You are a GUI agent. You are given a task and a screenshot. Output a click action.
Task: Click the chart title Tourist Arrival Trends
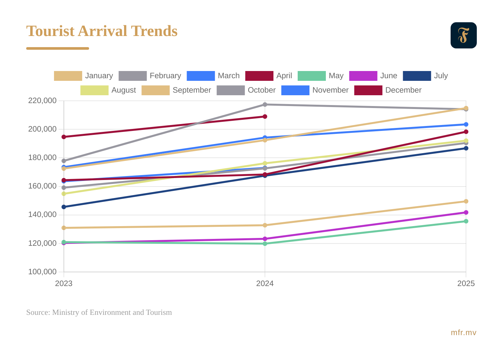click(x=102, y=31)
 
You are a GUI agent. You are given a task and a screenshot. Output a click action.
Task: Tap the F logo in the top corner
click(x=463, y=35)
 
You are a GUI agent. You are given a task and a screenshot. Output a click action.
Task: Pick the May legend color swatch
click(x=311, y=76)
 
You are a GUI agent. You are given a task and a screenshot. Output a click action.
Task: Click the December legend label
click(x=403, y=90)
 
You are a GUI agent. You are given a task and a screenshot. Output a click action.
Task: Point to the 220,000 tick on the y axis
click(x=42, y=100)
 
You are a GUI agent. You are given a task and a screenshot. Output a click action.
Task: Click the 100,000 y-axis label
click(x=42, y=272)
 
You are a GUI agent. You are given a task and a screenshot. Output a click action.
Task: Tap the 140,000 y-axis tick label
click(x=42, y=215)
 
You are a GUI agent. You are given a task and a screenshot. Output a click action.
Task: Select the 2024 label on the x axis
click(x=265, y=283)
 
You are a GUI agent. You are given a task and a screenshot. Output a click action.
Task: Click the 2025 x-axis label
click(x=466, y=283)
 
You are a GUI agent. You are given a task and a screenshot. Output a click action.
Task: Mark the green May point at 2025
click(x=466, y=221)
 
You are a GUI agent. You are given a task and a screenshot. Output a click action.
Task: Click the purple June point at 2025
click(x=466, y=212)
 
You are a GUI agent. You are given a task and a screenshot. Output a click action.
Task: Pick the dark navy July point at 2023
click(x=64, y=207)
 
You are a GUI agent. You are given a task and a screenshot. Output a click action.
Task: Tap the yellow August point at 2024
click(x=265, y=163)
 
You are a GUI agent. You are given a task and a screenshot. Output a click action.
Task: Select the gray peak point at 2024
click(x=265, y=104)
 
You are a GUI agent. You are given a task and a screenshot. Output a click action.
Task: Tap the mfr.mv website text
click(x=463, y=333)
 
